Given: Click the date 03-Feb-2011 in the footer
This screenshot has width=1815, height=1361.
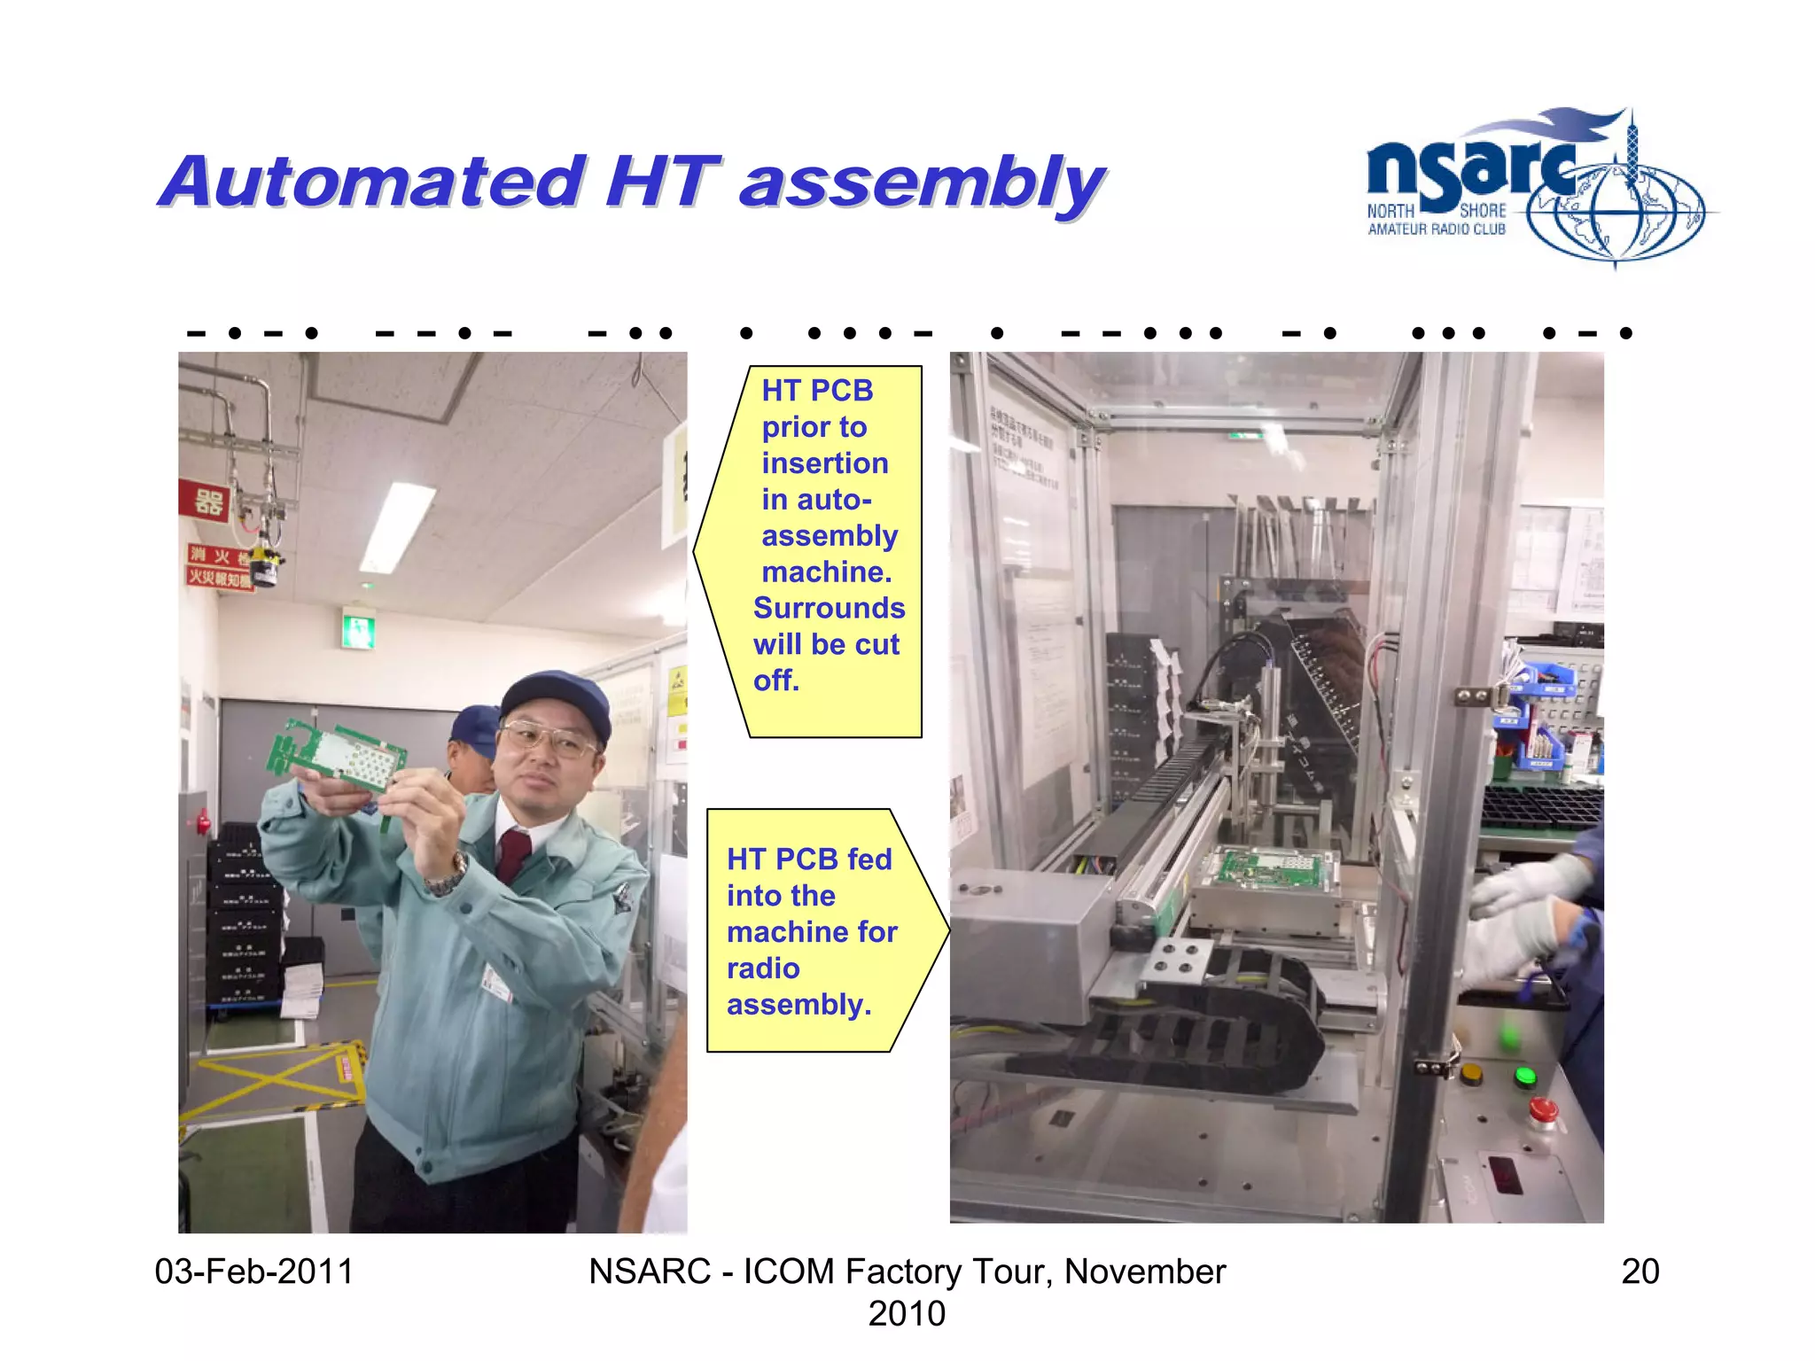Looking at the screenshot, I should [253, 1272].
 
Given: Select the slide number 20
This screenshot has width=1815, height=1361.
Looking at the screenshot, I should [1640, 1272].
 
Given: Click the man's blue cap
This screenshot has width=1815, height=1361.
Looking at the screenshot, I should [557, 699].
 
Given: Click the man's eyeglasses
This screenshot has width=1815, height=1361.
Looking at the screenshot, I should [548, 740].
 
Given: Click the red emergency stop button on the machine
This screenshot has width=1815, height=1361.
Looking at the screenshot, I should [1543, 1111].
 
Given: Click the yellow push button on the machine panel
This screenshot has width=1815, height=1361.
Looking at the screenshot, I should [1471, 1076].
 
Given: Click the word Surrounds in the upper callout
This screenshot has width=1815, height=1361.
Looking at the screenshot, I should [829, 608].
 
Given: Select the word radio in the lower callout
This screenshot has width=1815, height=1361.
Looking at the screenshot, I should [762, 968].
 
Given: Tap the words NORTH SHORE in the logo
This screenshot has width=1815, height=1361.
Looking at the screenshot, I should [1436, 211].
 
